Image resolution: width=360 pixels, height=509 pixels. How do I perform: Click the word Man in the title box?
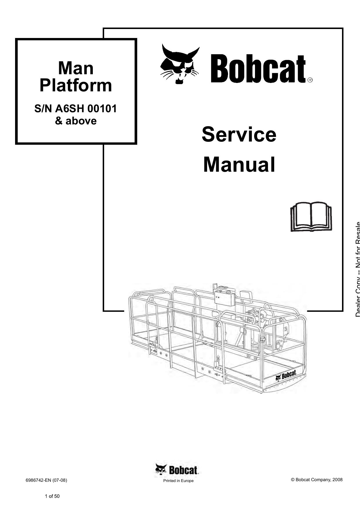(76, 68)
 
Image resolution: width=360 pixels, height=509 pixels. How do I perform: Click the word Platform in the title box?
(76, 86)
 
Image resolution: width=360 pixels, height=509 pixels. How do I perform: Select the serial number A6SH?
(70, 109)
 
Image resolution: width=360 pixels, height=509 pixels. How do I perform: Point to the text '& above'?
(76, 121)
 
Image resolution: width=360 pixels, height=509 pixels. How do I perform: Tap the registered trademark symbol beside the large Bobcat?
(310, 80)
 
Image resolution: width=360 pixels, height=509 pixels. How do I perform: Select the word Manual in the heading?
(239, 164)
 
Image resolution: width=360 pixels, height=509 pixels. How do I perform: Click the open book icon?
(311, 217)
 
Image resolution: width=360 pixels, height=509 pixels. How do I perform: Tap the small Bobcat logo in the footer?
(177, 470)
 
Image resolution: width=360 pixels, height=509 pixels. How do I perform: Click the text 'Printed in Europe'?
(178, 481)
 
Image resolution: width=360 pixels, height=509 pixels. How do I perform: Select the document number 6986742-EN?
(38, 480)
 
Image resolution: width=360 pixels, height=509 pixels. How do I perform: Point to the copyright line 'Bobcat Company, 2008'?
(316, 480)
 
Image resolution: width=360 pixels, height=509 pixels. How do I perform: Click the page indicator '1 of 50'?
(52, 496)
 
